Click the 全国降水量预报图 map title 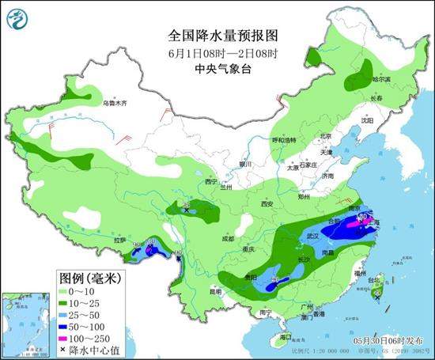click(x=217, y=36)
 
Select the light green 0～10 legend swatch click(x=70, y=292)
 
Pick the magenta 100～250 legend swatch click(x=70, y=336)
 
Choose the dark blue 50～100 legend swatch click(x=70, y=325)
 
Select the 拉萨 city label click(x=119, y=239)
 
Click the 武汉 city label click(x=312, y=236)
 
